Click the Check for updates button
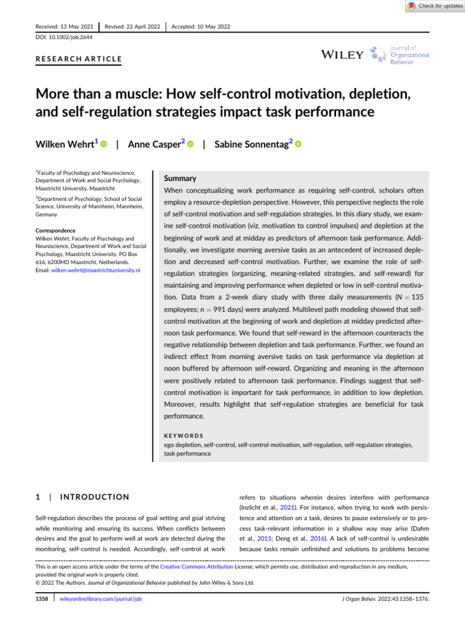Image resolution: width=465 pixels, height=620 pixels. (x=432, y=6)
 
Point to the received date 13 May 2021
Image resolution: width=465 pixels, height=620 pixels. (x=64, y=27)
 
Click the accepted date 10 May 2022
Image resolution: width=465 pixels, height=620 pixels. (x=201, y=27)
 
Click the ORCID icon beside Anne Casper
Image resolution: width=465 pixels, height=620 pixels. (x=191, y=145)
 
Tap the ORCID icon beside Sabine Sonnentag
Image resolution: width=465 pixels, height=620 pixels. (x=298, y=145)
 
